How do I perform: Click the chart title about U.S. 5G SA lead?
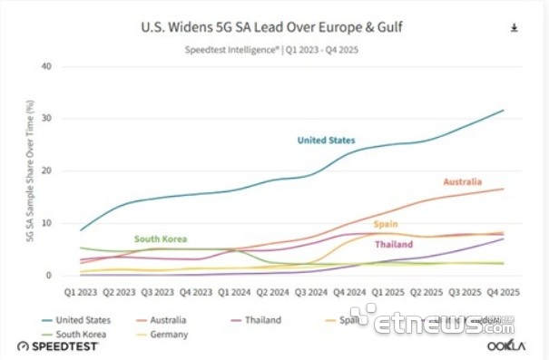point(272,27)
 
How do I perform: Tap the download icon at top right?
point(515,28)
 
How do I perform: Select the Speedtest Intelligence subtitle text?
point(272,50)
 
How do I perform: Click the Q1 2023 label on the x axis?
point(80,292)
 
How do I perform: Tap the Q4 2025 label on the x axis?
point(504,292)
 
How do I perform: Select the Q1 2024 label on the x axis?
point(234,292)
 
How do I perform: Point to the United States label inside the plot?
point(326,141)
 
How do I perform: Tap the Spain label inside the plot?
point(386,224)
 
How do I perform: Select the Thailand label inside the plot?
point(394,244)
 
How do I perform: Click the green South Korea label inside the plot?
point(161,239)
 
